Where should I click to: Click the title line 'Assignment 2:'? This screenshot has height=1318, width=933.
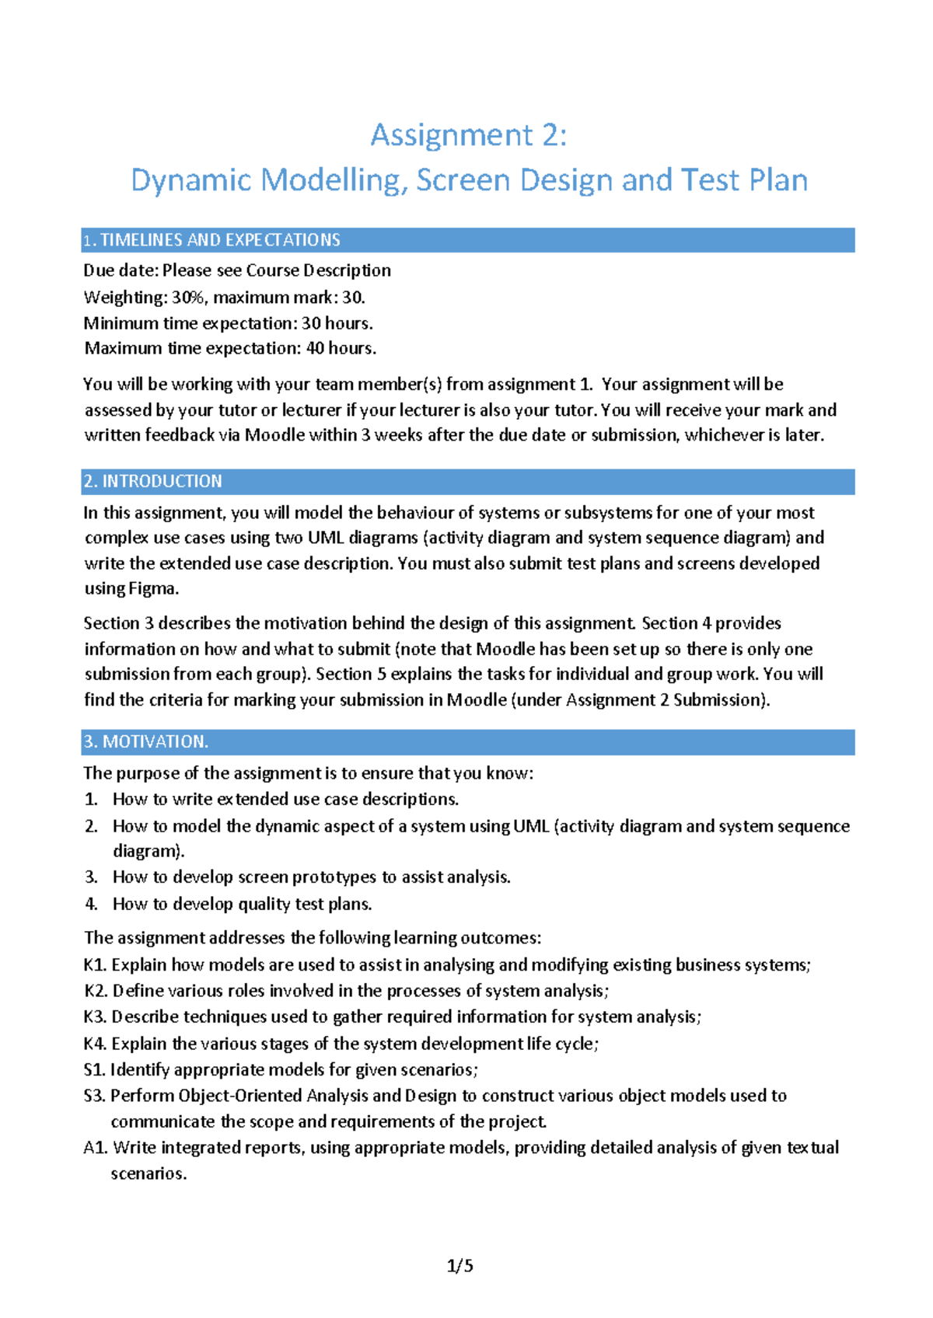(468, 135)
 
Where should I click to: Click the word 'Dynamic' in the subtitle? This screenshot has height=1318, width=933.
(191, 180)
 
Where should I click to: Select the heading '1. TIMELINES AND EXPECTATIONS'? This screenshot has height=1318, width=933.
(211, 240)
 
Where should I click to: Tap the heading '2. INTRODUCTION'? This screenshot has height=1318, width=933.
(152, 481)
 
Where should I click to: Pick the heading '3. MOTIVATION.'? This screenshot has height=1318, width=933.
(145, 741)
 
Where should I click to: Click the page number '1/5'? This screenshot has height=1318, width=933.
(460, 1266)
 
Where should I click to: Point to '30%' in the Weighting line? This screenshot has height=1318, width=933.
(189, 297)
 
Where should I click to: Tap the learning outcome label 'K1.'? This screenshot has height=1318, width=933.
(95, 964)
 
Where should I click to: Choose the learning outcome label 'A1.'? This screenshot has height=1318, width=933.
(96, 1148)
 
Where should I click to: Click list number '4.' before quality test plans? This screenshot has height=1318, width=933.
(92, 904)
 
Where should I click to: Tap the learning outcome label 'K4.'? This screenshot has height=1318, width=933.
(95, 1044)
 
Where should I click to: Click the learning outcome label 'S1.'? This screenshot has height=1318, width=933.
(94, 1069)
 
